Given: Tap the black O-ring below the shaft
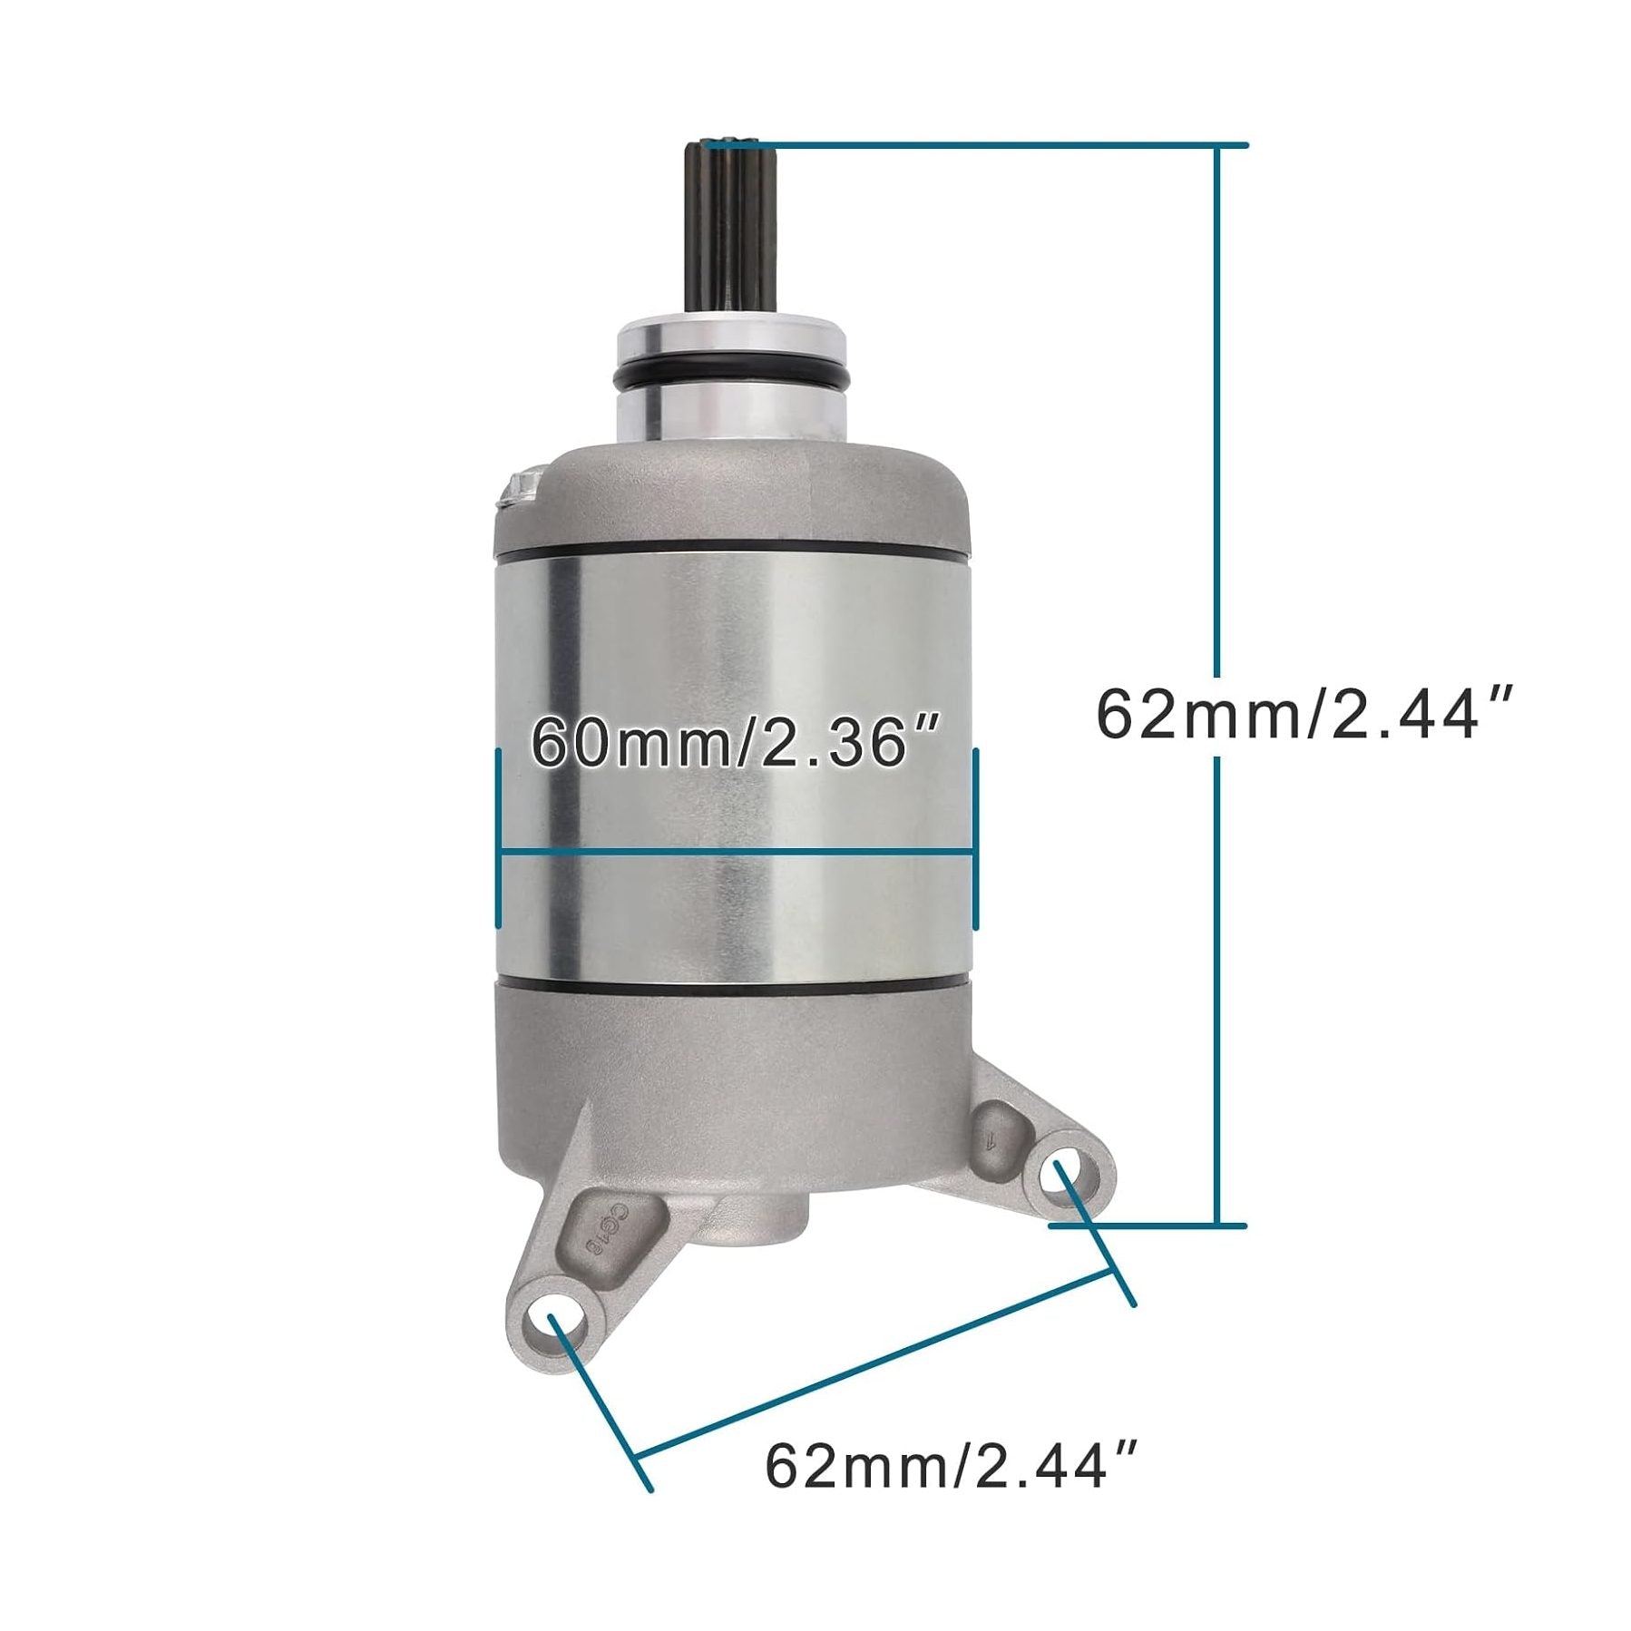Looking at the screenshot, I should (731, 377).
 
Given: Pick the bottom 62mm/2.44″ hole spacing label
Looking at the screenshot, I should (950, 1467).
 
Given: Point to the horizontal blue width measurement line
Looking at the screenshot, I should (735, 852).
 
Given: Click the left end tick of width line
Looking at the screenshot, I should (498, 837).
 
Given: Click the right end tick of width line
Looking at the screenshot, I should (974, 837).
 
